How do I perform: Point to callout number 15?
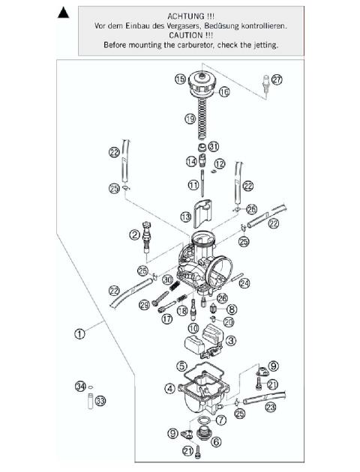pyautogui.click(x=180, y=79)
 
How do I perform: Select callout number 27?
pyautogui.click(x=277, y=80)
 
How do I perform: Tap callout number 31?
pyautogui.click(x=214, y=145)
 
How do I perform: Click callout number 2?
pyautogui.click(x=135, y=235)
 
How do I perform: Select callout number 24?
pyautogui.click(x=244, y=283)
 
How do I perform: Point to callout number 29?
pyautogui.click(x=144, y=304)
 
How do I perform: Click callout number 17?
pyautogui.click(x=166, y=318)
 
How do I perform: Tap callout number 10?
pyautogui.click(x=193, y=328)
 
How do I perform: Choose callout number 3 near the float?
pyautogui.click(x=231, y=340)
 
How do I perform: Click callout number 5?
pyautogui.click(x=181, y=366)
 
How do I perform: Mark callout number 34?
pyautogui.click(x=80, y=387)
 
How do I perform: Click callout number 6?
pyautogui.click(x=217, y=442)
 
